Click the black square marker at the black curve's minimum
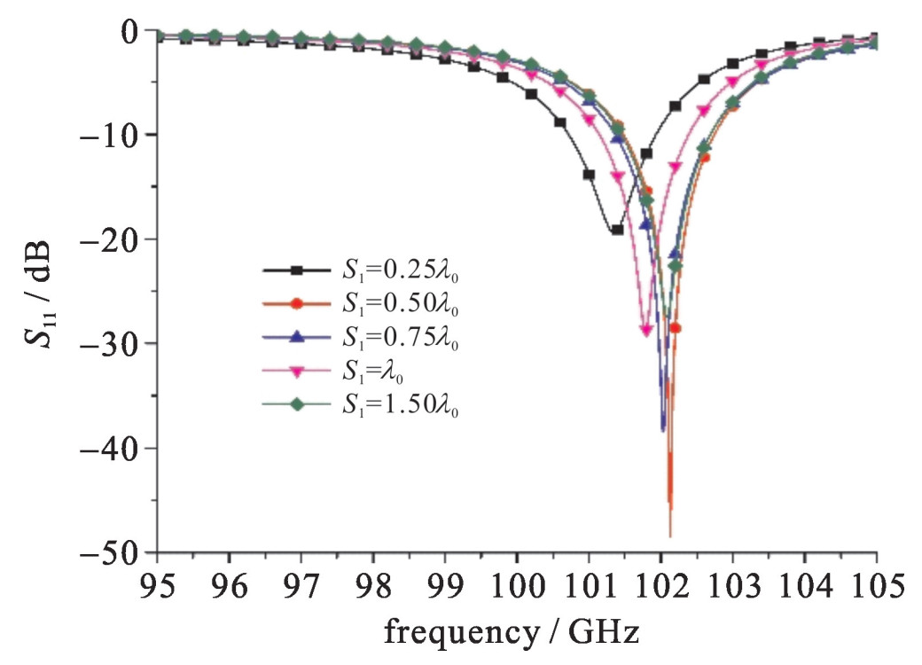[617, 230]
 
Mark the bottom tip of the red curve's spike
[670, 536]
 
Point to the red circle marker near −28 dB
[676, 328]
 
